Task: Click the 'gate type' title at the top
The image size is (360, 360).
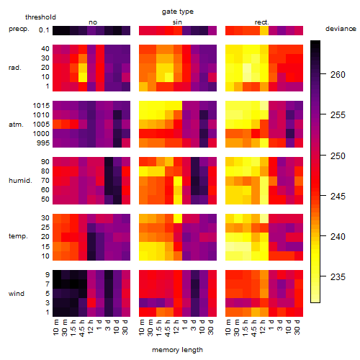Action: (x=178, y=12)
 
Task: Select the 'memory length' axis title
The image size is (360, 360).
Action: (x=177, y=350)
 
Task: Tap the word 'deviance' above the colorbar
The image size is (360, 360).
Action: (x=341, y=29)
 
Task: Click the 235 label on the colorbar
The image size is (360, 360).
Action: (x=338, y=277)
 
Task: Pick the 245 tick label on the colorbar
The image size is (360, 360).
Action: (x=338, y=197)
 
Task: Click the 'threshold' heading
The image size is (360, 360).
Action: (x=40, y=17)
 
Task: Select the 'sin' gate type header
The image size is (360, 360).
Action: (x=177, y=22)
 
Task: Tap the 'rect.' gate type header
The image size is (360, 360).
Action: (x=261, y=22)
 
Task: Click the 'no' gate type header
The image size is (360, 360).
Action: (x=93, y=22)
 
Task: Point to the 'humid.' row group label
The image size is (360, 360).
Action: (x=20, y=181)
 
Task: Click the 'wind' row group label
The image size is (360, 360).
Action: (x=17, y=294)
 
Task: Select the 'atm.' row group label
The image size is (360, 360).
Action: (x=16, y=125)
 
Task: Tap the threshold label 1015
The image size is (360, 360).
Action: (x=41, y=106)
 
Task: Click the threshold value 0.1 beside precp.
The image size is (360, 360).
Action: (x=44, y=30)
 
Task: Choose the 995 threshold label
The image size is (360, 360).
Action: (x=43, y=143)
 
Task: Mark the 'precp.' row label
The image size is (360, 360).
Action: (x=19, y=29)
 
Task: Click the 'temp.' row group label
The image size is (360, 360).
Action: (x=18, y=236)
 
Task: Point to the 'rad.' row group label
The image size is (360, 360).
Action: (x=15, y=68)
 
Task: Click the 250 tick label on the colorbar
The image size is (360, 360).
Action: (x=338, y=156)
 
